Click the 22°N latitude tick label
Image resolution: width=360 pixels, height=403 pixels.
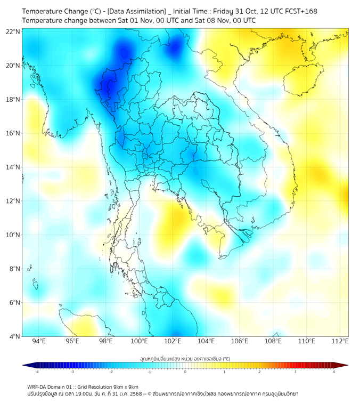coord(13,31)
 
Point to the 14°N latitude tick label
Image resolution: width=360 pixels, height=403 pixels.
coord(13,167)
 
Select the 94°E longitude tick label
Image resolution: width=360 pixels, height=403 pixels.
coord(39,342)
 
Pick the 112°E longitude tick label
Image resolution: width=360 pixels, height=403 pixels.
coord(340,342)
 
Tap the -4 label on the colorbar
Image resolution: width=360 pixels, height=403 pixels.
coord(36,372)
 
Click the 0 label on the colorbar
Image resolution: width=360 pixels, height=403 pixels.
coord(185,372)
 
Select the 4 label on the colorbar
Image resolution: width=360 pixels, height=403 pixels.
coord(333,372)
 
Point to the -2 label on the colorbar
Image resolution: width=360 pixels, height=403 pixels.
coord(110,372)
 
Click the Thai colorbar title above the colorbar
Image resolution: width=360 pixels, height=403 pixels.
coord(185,358)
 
